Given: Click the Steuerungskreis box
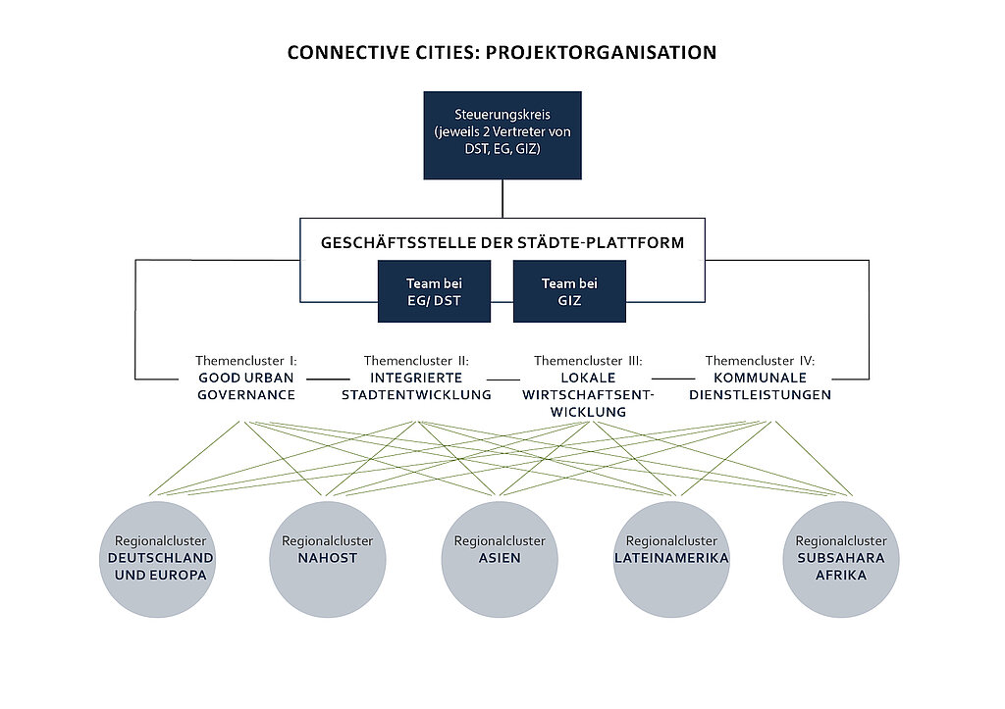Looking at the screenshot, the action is [502, 135].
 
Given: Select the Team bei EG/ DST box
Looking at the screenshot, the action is [434, 291].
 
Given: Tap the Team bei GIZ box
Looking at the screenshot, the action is [569, 291].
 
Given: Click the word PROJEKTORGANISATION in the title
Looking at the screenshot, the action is [602, 53].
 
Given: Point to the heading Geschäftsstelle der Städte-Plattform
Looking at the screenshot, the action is [502, 243].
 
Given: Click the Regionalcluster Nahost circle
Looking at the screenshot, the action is [328, 559].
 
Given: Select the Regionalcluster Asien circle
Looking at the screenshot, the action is [500, 559].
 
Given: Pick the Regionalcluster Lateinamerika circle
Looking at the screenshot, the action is [671, 559].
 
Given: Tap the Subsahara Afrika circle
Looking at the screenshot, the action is [841, 559].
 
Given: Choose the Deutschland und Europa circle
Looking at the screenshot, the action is [158, 559].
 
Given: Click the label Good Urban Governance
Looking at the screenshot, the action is [246, 386].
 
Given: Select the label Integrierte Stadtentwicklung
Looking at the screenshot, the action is [416, 386].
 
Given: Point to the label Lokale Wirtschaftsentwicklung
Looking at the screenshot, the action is [588, 394].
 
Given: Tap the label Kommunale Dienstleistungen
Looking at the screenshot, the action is [761, 386].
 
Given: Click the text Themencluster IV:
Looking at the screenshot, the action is [761, 361].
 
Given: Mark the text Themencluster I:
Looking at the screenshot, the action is [246, 361].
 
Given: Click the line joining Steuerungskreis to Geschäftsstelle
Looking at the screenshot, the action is [502, 198].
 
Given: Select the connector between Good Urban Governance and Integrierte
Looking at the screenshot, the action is [328, 380].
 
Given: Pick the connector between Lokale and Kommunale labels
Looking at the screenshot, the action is [673, 380].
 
